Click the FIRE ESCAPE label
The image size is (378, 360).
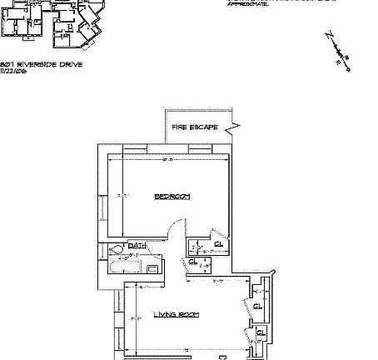(194, 127)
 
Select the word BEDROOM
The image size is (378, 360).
(172, 196)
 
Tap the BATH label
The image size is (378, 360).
(137, 246)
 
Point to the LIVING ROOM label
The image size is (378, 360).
(176, 314)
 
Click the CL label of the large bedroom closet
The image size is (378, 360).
(217, 243)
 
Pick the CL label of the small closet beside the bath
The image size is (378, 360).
(192, 261)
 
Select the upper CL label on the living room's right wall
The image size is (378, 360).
(257, 306)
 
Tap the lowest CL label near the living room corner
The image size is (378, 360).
(260, 333)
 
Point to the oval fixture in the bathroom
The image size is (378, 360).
(117, 248)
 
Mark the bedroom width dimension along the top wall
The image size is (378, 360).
(167, 159)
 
